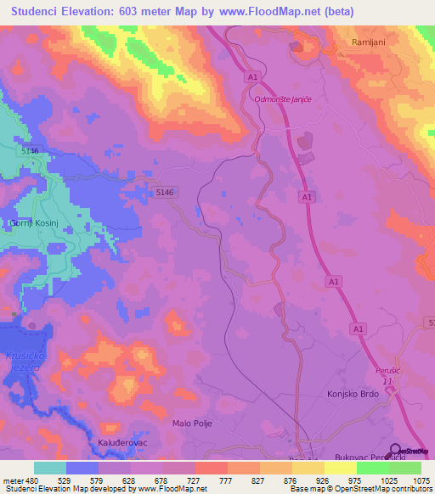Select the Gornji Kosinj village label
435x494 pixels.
33,222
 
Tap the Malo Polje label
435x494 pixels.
191,423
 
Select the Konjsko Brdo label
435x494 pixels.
351,394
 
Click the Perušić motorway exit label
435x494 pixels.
387,371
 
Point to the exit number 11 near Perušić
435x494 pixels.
387,382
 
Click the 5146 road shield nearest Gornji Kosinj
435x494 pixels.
31,151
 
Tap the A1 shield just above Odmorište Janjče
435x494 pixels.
252,77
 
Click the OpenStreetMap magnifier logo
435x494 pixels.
396,451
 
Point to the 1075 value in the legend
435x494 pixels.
419,480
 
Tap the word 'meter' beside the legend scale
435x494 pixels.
12,480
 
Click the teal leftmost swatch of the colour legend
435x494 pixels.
49,468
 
